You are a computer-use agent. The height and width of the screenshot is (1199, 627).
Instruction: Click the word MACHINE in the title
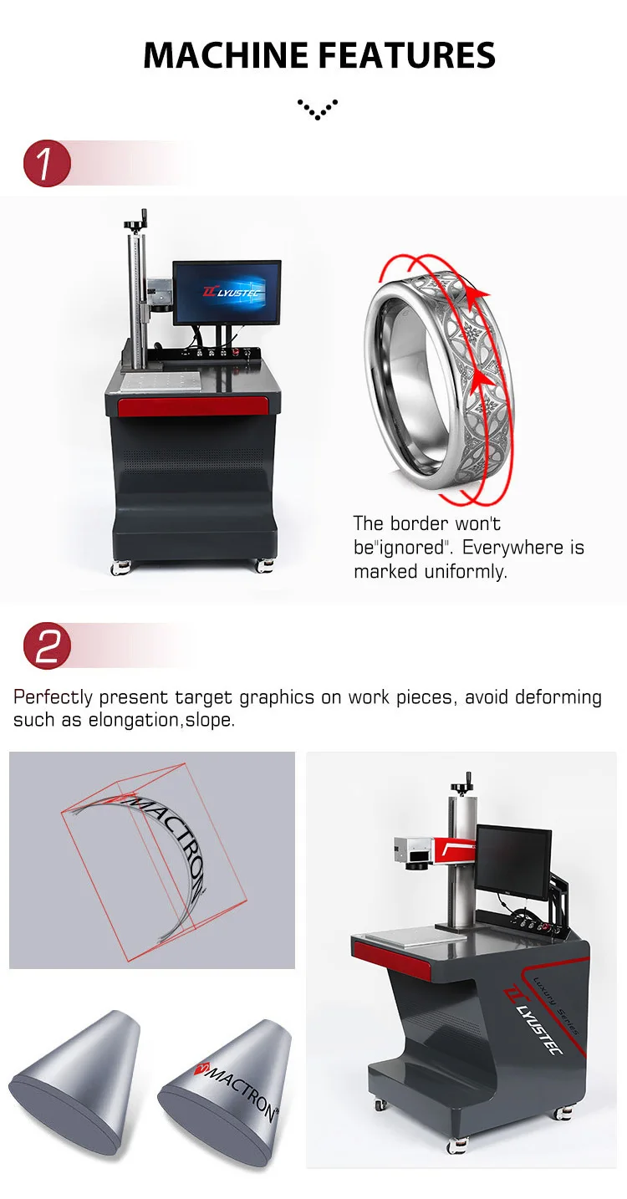(227, 55)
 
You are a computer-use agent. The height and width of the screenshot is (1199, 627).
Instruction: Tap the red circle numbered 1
(47, 163)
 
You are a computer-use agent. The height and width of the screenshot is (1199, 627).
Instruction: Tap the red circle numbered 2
(47, 645)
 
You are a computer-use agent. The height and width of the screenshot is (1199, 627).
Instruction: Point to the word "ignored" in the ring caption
(410, 548)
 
